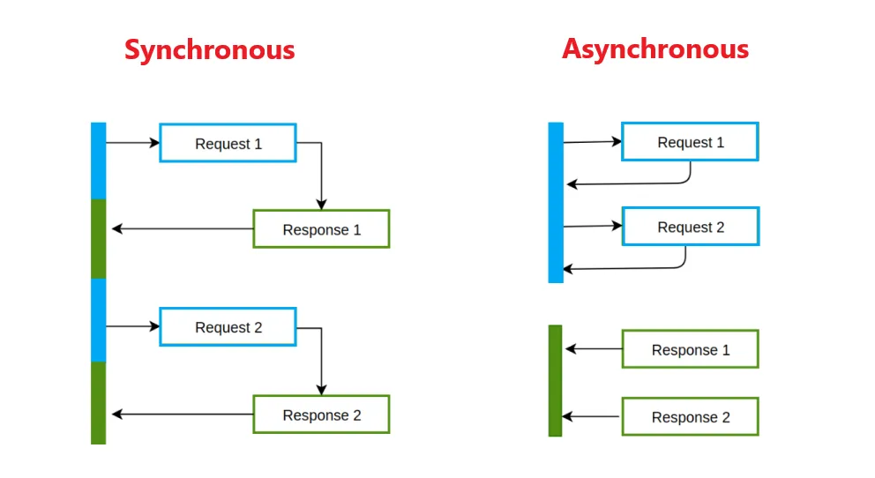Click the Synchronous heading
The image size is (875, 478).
[x=209, y=49]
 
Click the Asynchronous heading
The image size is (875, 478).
[x=655, y=49]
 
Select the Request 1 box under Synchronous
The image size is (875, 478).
[x=228, y=143]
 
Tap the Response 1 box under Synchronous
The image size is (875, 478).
[x=321, y=229]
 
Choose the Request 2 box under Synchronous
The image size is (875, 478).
[x=228, y=327]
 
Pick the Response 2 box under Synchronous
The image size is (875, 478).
[x=321, y=415]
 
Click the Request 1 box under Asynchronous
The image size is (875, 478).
[x=690, y=142]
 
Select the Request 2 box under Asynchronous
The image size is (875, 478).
[x=690, y=227]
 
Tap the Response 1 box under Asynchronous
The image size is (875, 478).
[x=690, y=349]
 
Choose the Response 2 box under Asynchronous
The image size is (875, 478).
[x=690, y=417]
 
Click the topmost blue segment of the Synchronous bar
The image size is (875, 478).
[x=98, y=161]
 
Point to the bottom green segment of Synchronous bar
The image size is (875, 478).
[x=98, y=402]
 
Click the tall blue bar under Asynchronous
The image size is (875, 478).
[x=556, y=203]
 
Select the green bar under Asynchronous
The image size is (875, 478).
[x=555, y=381]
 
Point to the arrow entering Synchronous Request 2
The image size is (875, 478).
[x=132, y=326]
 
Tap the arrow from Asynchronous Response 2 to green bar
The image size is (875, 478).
[x=593, y=417]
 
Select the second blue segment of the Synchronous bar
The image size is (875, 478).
[x=98, y=319]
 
